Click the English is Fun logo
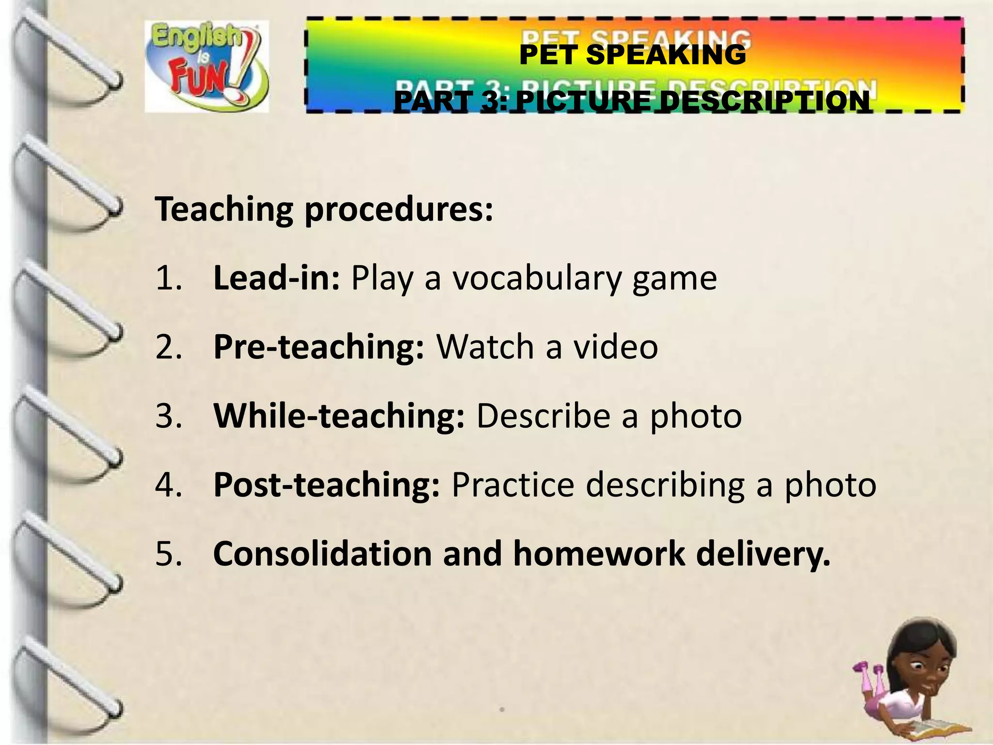207,66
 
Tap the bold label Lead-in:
276,278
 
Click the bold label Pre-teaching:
319,347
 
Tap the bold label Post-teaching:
327,485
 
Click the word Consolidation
322,553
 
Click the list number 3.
168,416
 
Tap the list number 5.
168,553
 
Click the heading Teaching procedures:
324,210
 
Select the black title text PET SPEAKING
632,54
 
